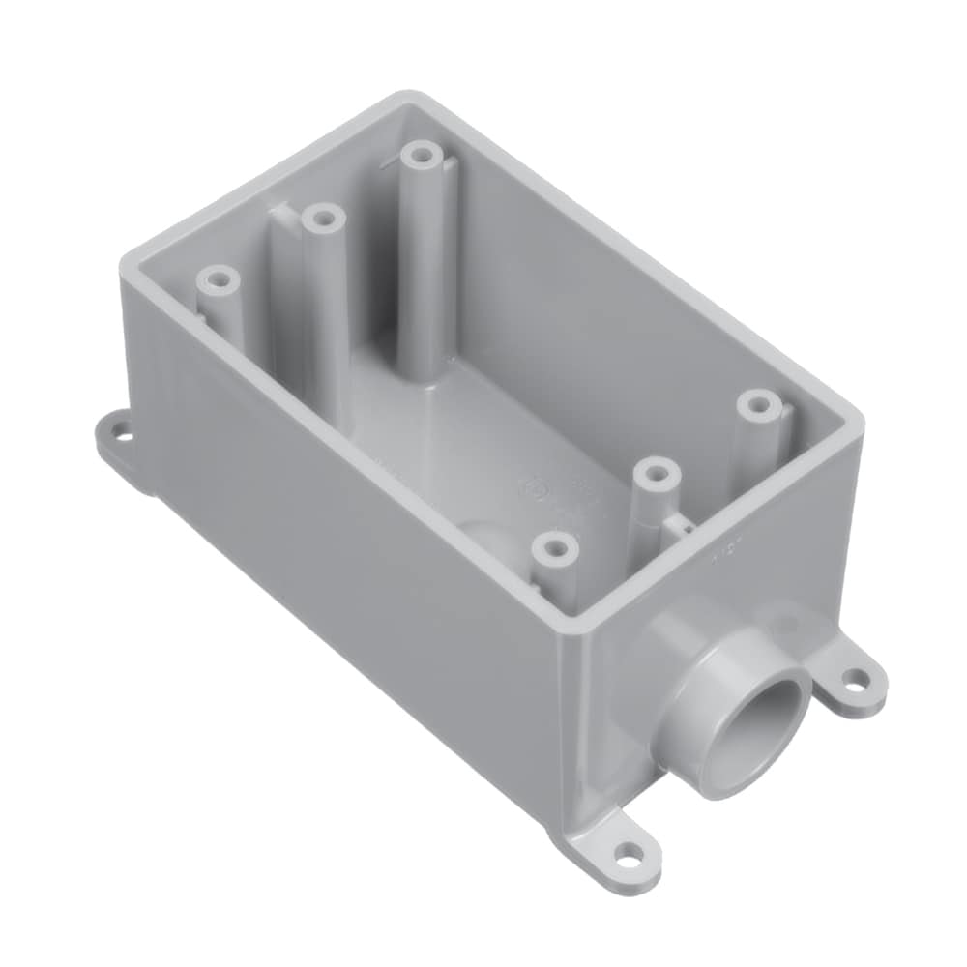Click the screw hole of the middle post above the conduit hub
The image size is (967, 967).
point(657,474)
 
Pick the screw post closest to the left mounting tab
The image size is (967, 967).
point(218,281)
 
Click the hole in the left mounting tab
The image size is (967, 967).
point(121,432)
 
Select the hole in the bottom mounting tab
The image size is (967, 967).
point(630,856)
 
